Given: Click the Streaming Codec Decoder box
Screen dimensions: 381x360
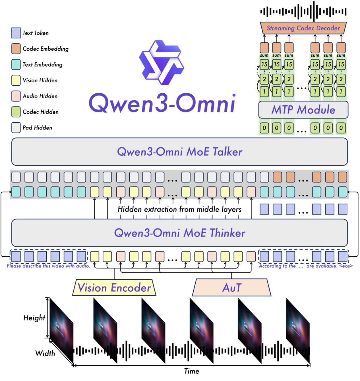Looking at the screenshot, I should pos(303,28).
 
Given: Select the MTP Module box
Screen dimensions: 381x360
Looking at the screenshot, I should pos(303,110).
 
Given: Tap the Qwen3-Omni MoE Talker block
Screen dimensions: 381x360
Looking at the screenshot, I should pos(179,152).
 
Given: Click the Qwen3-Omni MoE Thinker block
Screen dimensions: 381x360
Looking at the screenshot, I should pos(179,233).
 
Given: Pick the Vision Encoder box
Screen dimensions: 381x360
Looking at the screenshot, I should pos(114,288).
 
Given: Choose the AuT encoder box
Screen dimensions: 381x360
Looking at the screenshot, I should pos(232,288).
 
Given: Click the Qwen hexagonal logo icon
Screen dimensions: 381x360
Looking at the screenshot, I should pos(162,63).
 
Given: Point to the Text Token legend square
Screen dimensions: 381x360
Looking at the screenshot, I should pos(16,33).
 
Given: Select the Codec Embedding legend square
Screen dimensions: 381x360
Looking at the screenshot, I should pos(16,49).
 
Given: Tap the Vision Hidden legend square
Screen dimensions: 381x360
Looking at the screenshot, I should pos(16,80).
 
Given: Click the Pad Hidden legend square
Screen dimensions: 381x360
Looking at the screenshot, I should pos(16,127).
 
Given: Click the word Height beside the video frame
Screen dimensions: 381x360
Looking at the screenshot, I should pos(34,318).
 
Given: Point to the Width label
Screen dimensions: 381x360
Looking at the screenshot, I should pos(45,353).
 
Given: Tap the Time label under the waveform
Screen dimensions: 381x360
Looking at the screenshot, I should pos(192,371).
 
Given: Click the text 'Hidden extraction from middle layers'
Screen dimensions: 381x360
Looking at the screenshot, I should pos(179,209).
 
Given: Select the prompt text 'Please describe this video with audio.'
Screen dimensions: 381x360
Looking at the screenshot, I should pos(48,266).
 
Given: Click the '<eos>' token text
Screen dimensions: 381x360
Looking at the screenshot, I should pos(346,266).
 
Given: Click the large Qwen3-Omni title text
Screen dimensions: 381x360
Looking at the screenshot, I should pos(162,103).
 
